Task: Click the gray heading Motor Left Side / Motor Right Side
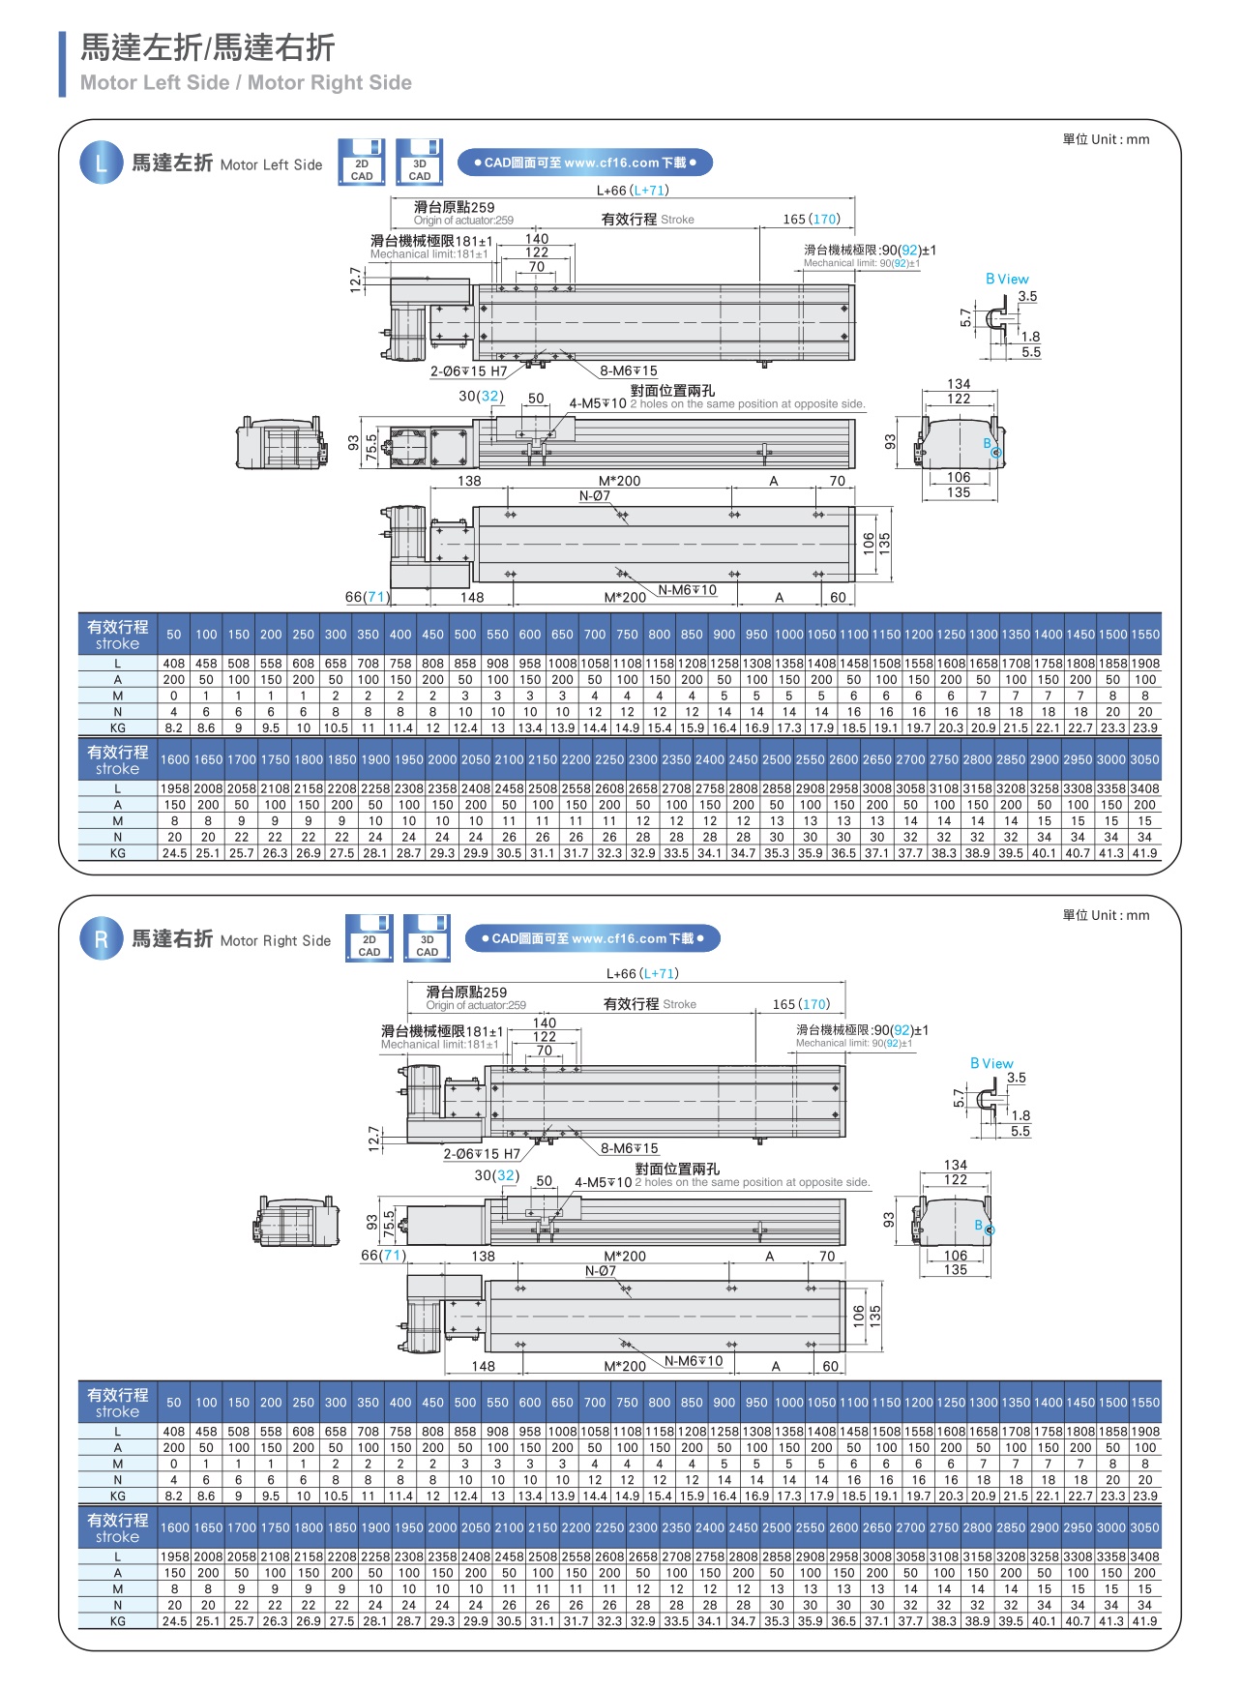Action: [x=246, y=83]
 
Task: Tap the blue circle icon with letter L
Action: [x=101, y=163]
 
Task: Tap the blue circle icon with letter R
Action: [x=101, y=939]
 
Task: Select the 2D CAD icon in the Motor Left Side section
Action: [x=362, y=163]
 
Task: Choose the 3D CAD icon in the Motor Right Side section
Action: [x=427, y=938]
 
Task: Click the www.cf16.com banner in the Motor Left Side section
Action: [x=584, y=163]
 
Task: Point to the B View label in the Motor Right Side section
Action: [x=991, y=1063]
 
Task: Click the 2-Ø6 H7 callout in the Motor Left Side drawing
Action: [x=468, y=371]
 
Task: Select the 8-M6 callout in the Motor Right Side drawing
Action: [x=629, y=1148]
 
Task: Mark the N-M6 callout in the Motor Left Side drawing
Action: [x=687, y=590]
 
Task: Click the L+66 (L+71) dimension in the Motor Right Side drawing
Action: [x=642, y=974]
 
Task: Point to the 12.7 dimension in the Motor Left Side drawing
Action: [x=356, y=280]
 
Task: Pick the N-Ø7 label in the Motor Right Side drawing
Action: [x=600, y=1271]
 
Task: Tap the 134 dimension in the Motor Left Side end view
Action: [x=958, y=384]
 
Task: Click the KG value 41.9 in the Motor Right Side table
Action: [x=1144, y=1621]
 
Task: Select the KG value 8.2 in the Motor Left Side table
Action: [x=174, y=727]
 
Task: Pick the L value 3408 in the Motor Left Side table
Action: [x=1144, y=788]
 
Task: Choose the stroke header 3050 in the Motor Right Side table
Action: [x=1144, y=1527]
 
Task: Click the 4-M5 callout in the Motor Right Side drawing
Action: [x=603, y=1182]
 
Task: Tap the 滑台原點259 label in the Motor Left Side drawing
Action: [x=454, y=207]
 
